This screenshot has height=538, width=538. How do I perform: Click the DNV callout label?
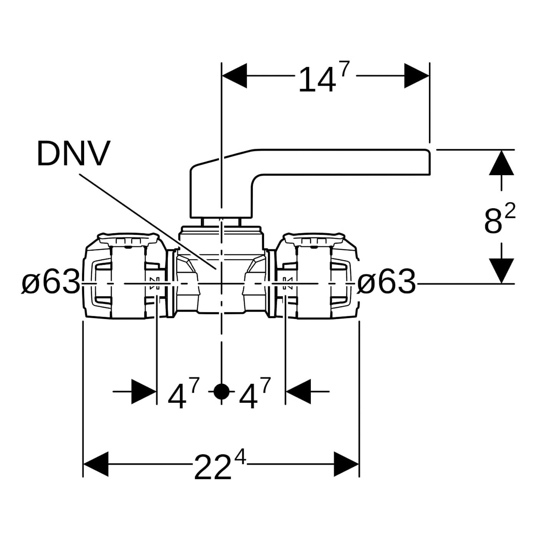coord(73,153)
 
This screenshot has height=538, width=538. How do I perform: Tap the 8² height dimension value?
coord(499,219)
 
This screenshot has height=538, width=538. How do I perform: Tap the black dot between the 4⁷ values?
coord(221,392)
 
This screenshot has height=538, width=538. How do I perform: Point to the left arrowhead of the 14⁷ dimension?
coord(235,76)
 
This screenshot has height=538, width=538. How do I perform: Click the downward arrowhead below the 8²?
coord(501,271)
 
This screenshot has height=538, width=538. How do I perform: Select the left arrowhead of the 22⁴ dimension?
coord(96,464)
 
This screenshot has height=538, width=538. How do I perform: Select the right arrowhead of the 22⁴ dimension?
coord(346,464)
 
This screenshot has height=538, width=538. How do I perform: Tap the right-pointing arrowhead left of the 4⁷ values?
coord(144,392)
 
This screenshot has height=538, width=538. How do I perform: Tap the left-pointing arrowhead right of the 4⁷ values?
coord(298,392)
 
